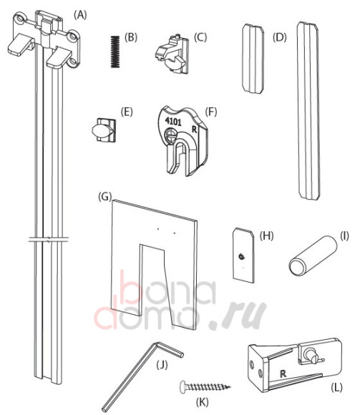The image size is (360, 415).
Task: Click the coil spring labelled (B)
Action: click(x=115, y=52)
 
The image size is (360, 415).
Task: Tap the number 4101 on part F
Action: click(x=173, y=122)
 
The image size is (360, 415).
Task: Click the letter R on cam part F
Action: click(x=195, y=130)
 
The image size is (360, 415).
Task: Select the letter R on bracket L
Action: click(x=283, y=373)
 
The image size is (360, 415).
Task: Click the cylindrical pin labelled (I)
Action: click(x=313, y=255)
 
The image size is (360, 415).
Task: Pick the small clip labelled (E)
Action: click(x=104, y=130)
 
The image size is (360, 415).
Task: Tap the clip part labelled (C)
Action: click(x=171, y=54)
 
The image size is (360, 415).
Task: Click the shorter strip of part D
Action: click(x=253, y=58)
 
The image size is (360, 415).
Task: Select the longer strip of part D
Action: click(x=308, y=111)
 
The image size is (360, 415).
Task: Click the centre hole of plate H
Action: click(x=241, y=256)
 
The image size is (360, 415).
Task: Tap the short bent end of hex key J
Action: click(x=168, y=350)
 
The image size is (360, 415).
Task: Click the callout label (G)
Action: click(x=104, y=197)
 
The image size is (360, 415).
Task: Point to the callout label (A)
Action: click(x=80, y=15)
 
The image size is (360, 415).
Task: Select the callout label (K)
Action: click(x=202, y=402)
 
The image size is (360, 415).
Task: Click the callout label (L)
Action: click(x=336, y=387)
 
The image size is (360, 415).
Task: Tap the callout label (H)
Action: click(x=266, y=235)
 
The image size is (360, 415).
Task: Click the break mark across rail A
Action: click(x=49, y=239)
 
